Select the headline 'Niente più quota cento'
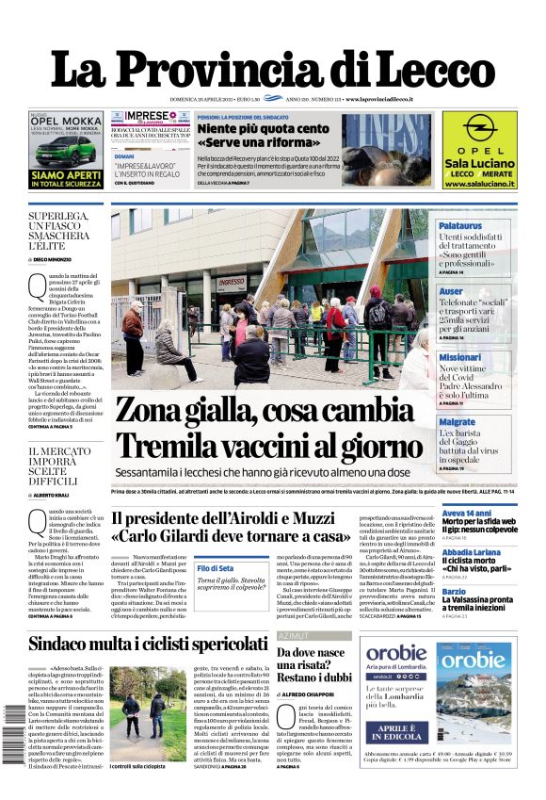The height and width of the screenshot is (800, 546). point(249,128)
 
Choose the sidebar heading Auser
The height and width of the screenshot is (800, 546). point(476,292)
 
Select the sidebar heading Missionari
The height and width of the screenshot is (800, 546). point(486,358)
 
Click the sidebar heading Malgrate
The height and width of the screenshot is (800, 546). point(483,422)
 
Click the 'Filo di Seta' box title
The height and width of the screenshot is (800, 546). point(215,568)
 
